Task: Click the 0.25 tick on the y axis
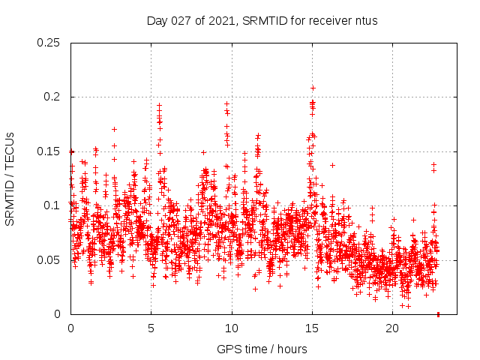pyautogui.click(x=51, y=43)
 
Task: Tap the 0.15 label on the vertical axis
pyautogui.click(x=51, y=151)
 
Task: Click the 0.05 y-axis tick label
pyautogui.click(x=51, y=260)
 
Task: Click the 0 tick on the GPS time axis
pyautogui.click(x=70, y=328)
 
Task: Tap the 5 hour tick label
pyautogui.click(x=151, y=328)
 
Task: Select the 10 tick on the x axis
pyautogui.click(x=232, y=328)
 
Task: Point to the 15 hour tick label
pyautogui.click(x=312, y=328)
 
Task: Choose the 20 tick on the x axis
pyautogui.click(x=392, y=328)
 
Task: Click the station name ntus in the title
pyautogui.click(x=365, y=20)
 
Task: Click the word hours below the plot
pyautogui.click(x=292, y=349)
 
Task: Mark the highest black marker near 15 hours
pyautogui.click(x=313, y=88)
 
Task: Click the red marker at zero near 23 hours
pyautogui.click(x=438, y=313)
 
